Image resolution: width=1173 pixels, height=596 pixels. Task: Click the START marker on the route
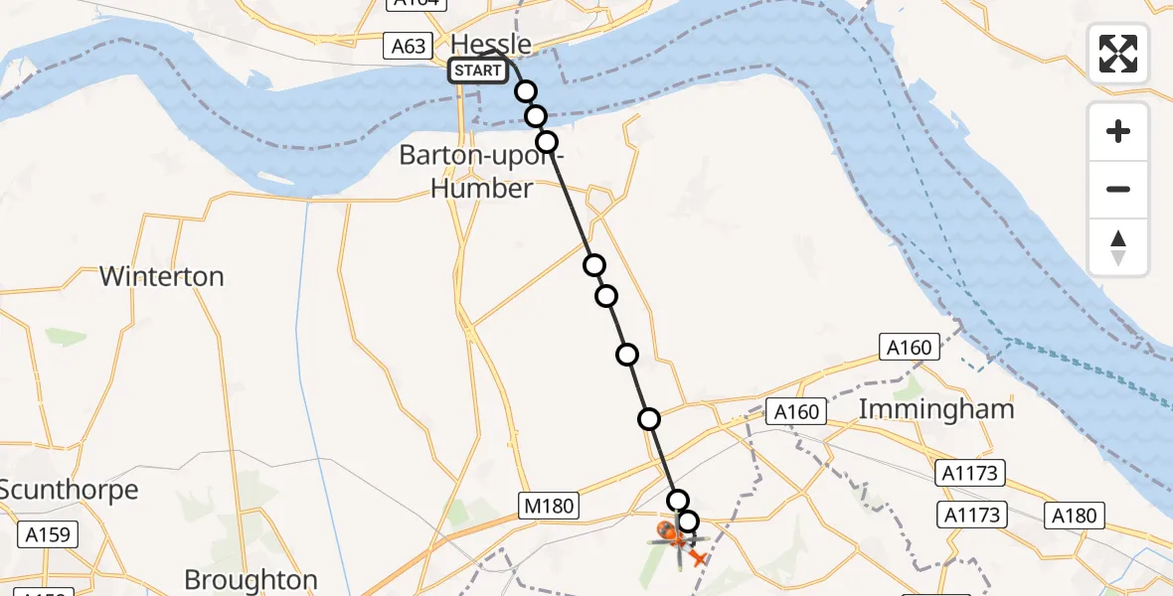click(x=477, y=71)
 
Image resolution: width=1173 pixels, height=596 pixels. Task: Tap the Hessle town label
click(x=491, y=44)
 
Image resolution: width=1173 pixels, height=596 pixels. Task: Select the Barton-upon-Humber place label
click(x=481, y=171)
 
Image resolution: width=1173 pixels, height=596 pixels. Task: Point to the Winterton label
click(x=162, y=276)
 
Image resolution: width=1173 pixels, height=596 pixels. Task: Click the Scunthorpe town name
click(x=69, y=489)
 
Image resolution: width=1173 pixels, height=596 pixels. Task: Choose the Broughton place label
click(x=251, y=579)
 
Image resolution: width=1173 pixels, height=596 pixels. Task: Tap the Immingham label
click(x=936, y=408)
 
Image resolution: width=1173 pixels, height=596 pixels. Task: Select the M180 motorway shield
click(x=549, y=507)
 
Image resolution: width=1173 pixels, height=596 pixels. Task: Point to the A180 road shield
click(x=1075, y=515)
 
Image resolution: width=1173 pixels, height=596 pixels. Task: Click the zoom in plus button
click(x=1118, y=131)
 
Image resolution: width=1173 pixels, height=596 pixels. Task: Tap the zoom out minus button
click(x=1118, y=189)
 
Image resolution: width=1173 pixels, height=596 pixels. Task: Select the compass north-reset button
click(x=1118, y=247)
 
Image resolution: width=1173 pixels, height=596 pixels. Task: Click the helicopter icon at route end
click(x=674, y=537)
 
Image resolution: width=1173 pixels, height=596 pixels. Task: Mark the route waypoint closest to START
click(x=525, y=91)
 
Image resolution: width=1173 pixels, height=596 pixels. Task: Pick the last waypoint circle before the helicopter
click(x=688, y=521)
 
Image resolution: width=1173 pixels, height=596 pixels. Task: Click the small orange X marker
click(x=699, y=559)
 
